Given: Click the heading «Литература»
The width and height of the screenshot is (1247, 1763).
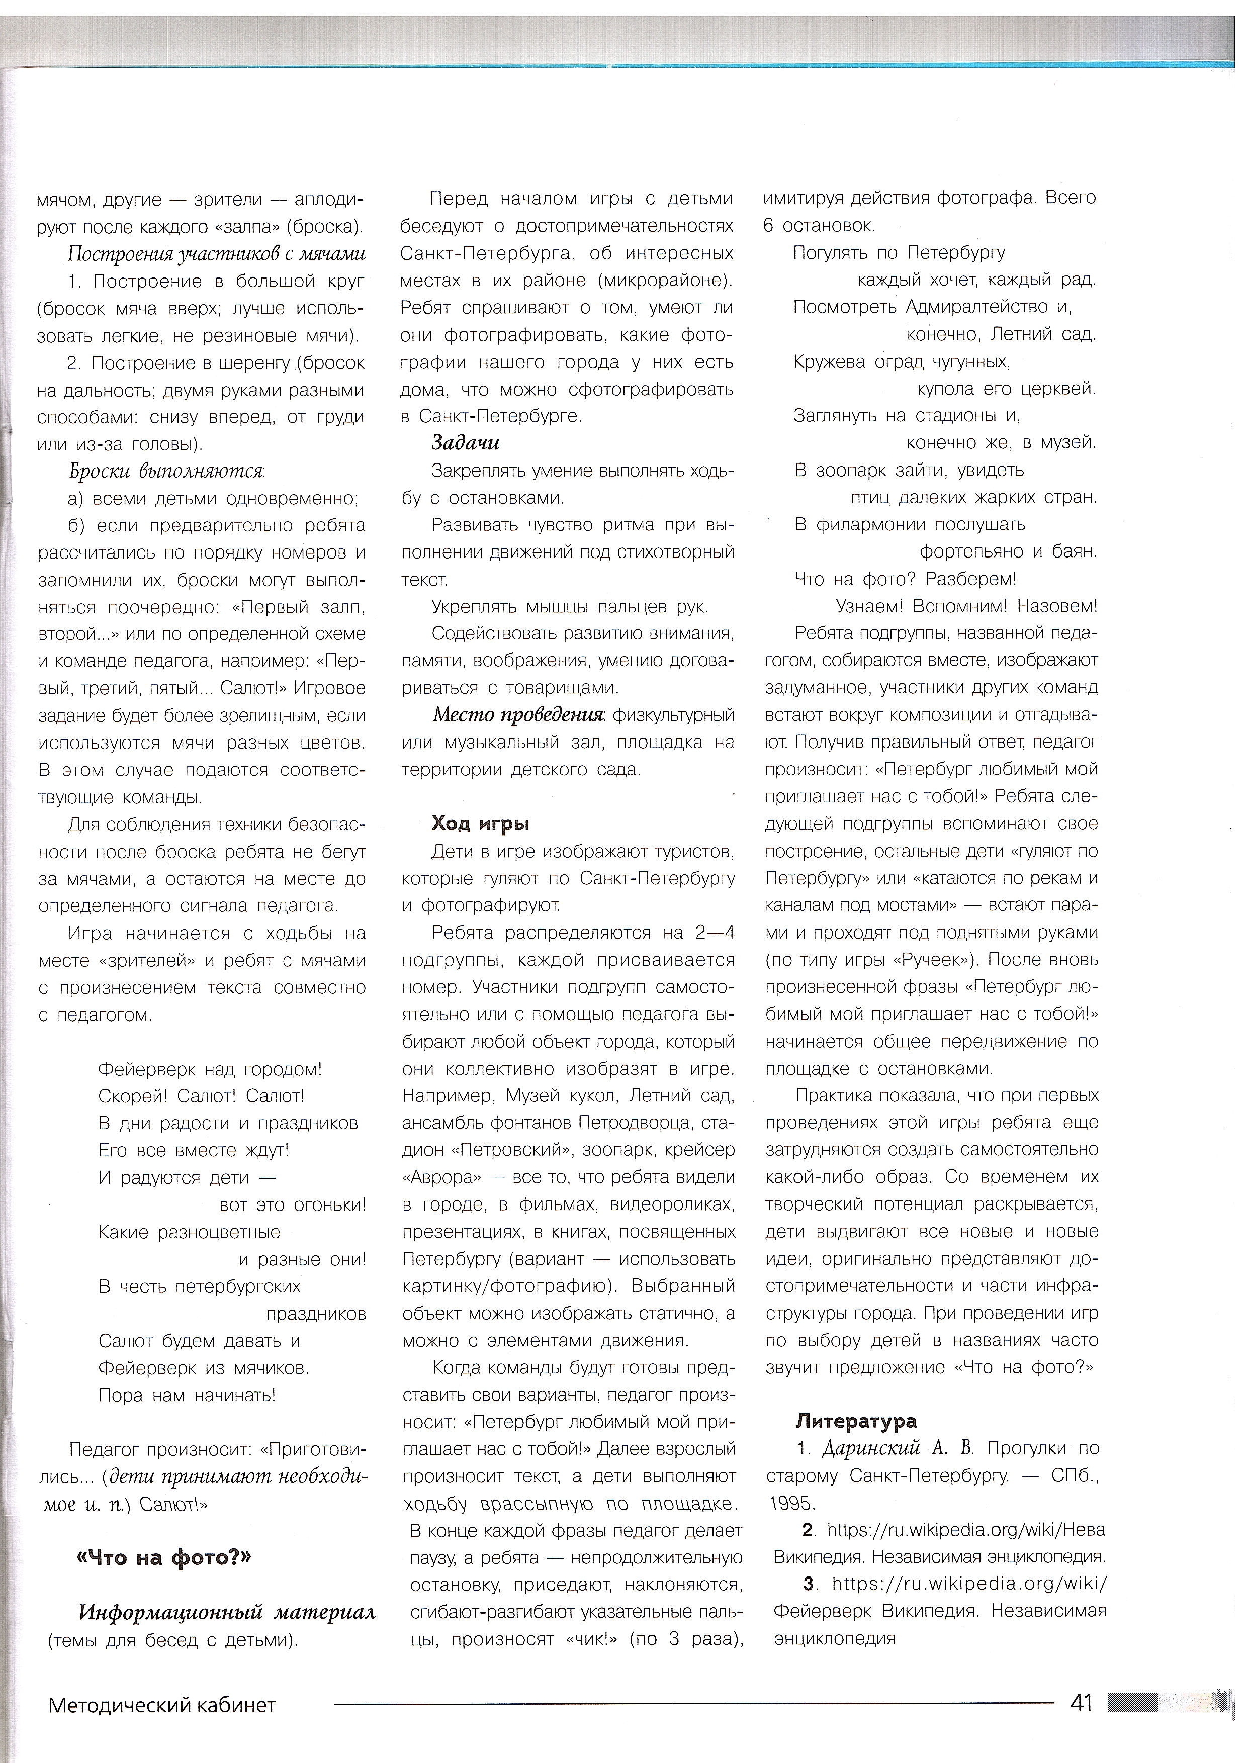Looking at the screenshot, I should pyautogui.click(x=856, y=1421).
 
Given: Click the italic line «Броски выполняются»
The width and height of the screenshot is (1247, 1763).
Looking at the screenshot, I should pyautogui.click(x=166, y=471).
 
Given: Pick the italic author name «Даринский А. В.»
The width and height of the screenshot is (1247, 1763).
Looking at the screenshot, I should pyautogui.click(x=898, y=1448).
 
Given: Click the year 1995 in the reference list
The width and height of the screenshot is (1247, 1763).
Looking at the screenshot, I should pyautogui.click(x=792, y=1503).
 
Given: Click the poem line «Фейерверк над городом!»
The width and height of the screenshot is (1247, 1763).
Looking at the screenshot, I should pyautogui.click(x=210, y=1069).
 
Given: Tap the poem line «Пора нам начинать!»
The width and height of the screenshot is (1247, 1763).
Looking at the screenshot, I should pyautogui.click(x=187, y=1395).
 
